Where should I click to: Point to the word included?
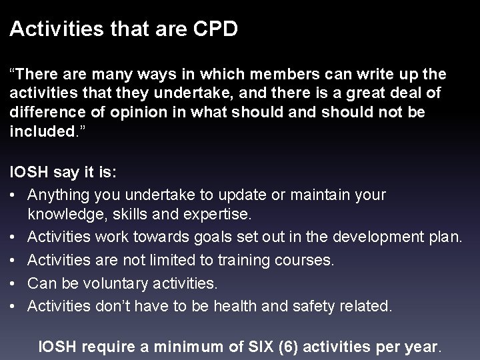point(39,131)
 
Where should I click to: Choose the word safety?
point(319,305)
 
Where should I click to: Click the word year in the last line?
point(422,346)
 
